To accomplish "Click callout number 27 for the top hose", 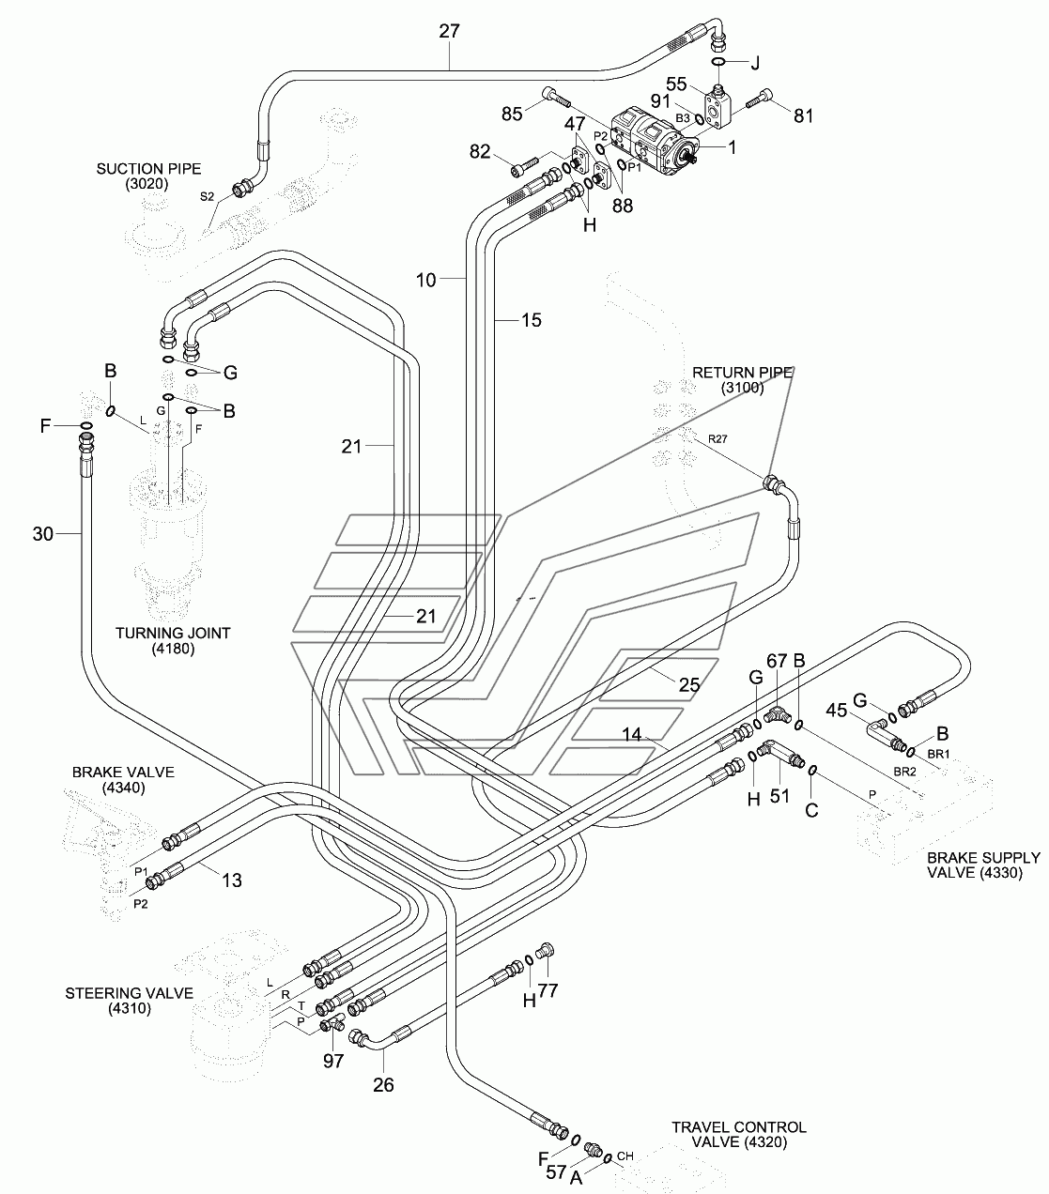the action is (x=449, y=31).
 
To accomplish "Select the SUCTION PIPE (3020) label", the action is (x=148, y=176).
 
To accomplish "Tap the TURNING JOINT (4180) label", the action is (x=173, y=640).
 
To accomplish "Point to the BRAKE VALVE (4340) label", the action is (x=123, y=780).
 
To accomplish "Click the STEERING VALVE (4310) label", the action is (x=130, y=1001).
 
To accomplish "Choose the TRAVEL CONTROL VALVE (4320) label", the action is (x=739, y=1135).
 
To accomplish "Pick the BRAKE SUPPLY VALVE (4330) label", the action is (x=983, y=865).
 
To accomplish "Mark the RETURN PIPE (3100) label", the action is (x=743, y=380).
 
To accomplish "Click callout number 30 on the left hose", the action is (x=43, y=534).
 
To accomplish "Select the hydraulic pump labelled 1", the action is (x=653, y=142).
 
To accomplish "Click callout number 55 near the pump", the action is (x=676, y=84).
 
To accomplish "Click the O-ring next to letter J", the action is (x=718, y=62).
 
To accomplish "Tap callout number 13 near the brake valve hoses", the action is (x=232, y=880).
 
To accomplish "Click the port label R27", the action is (x=717, y=438).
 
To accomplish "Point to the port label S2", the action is (x=207, y=197).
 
